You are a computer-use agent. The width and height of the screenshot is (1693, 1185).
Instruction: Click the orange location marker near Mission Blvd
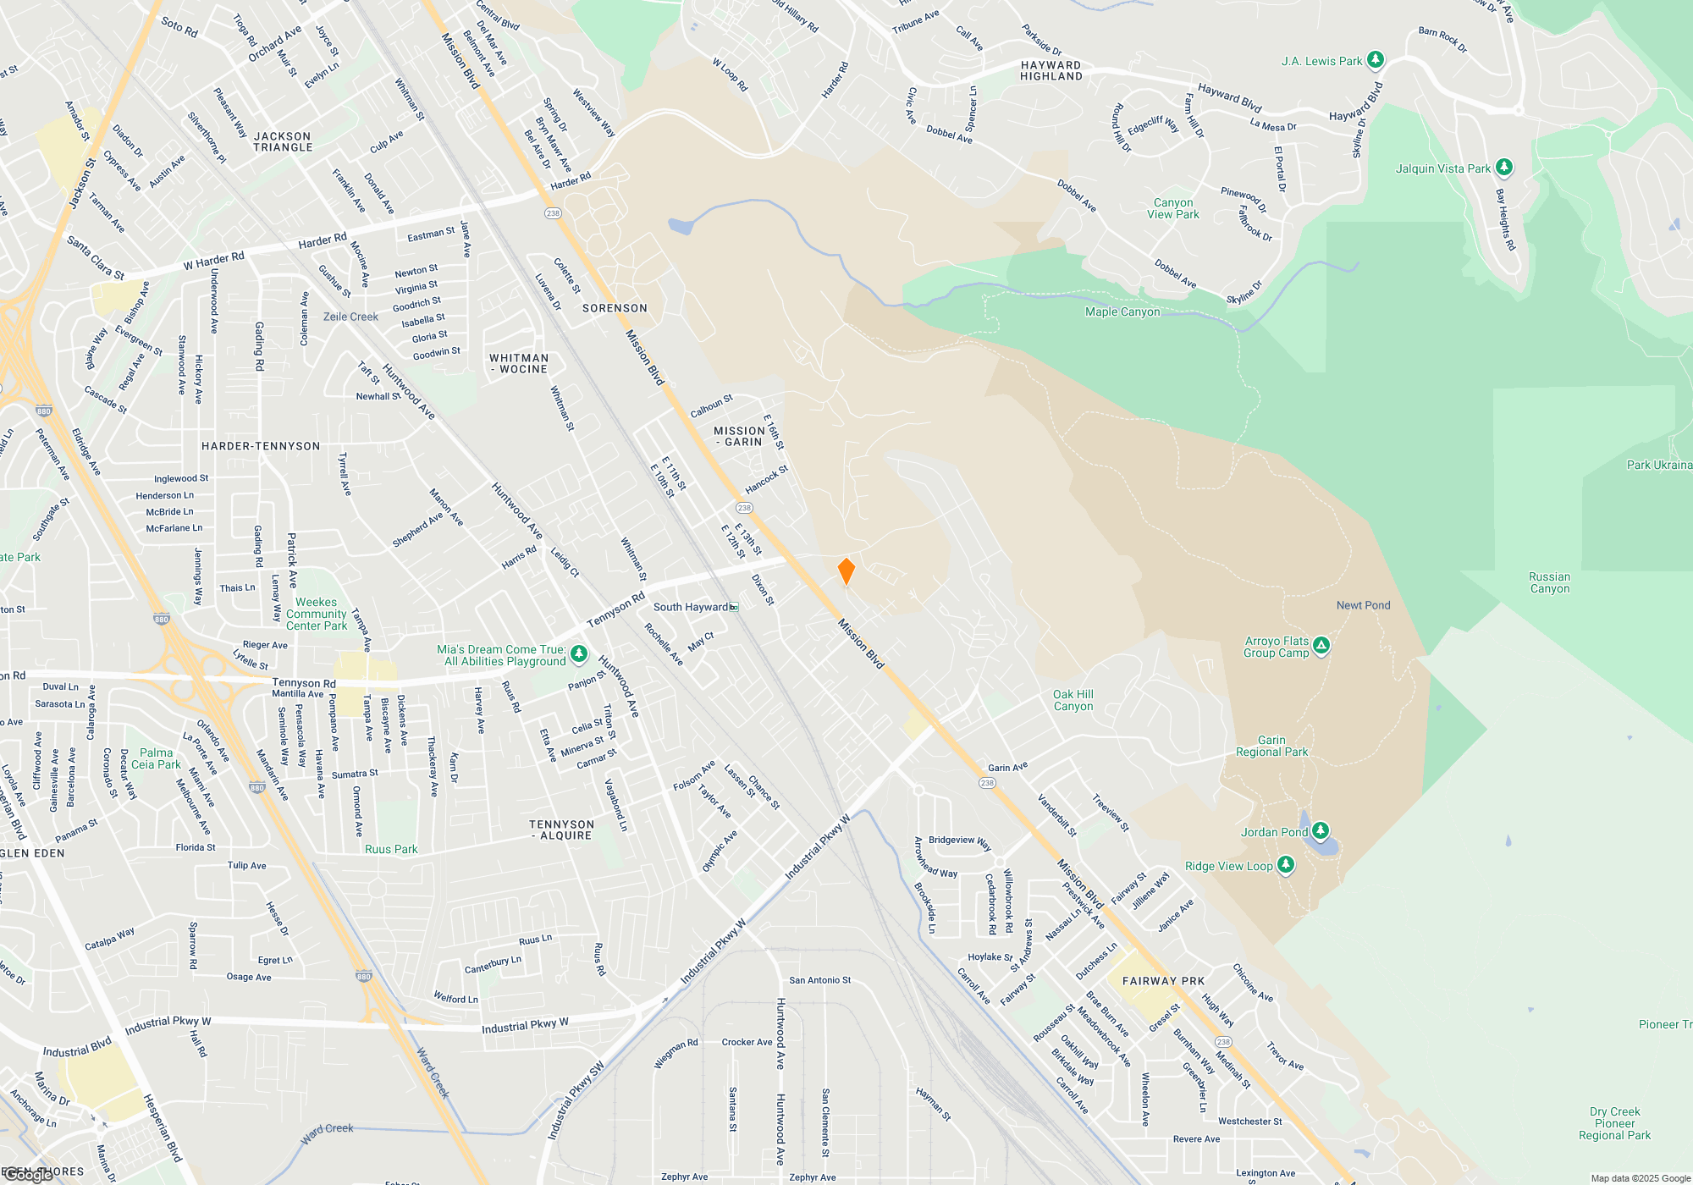click(846, 570)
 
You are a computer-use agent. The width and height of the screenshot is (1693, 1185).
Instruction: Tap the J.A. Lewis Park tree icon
click(1376, 59)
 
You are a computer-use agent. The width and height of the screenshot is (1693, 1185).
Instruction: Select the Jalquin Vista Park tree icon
click(1504, 167)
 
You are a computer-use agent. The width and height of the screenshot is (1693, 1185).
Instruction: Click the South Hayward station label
click(692, 607)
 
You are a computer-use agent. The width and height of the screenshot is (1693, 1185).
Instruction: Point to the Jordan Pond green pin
click(1321, 830)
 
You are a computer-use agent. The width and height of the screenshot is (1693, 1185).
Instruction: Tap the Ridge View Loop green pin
click(1286, 864)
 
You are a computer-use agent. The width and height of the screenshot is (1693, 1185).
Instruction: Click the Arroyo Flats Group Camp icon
click(1321, 646)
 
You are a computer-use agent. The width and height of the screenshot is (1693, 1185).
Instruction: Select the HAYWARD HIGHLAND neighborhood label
click(1051, 70)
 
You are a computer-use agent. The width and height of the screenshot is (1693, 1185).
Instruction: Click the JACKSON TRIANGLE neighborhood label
click(283, 141)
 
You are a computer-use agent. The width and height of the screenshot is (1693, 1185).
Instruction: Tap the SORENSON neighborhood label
click(615, 308)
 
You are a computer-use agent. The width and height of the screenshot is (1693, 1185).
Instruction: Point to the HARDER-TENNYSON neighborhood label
click(261, 446)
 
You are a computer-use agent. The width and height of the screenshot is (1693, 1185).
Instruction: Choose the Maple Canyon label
click(1122, 311)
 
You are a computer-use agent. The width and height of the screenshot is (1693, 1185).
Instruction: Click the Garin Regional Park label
click(1271, 746)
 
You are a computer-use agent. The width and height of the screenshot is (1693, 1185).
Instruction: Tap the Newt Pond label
click(1363, 605)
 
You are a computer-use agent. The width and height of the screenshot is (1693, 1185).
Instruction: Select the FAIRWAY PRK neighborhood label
click(1163, 981)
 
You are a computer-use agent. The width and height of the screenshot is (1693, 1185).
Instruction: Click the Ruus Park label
click(391, 849)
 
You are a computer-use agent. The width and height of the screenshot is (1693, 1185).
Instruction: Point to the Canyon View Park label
click(1173, 208)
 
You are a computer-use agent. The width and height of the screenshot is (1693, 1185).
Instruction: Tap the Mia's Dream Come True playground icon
click(579, 653)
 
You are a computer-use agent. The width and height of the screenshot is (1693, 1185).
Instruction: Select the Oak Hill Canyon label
click(1073, 700)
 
